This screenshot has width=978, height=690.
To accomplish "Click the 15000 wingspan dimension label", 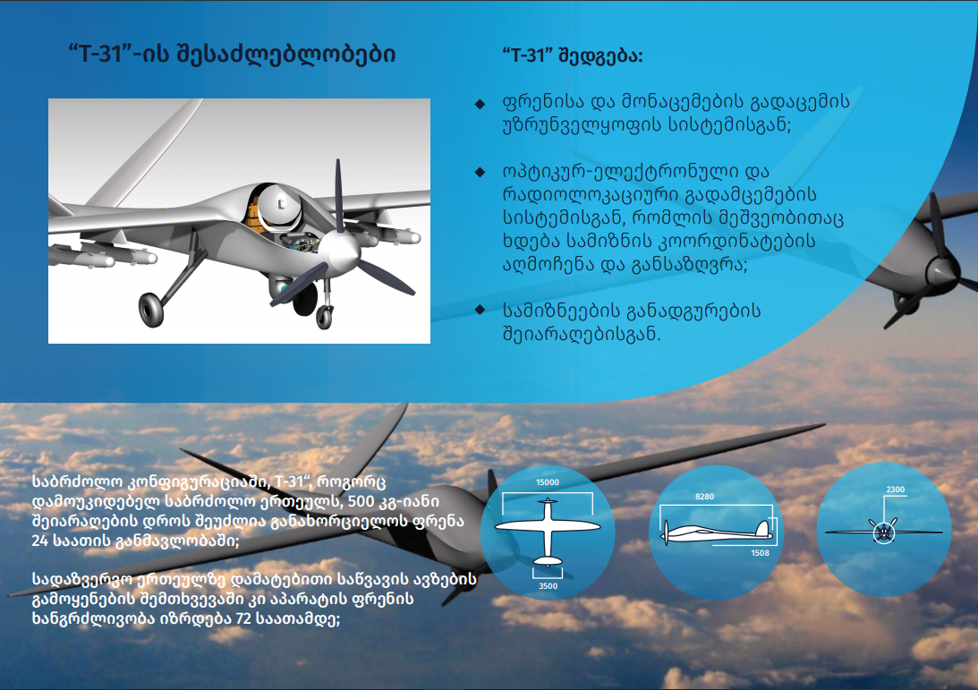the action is (x=547, y=482).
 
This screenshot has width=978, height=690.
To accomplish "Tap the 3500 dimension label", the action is (x=548, y=586).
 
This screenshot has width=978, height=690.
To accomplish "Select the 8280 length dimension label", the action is (x=704, y=497).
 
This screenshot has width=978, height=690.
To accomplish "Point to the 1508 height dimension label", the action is (x=760, y=553).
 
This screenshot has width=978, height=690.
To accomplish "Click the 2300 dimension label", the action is (x=895, y=490).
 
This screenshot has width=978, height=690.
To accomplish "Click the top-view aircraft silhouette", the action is (x=548, y=531).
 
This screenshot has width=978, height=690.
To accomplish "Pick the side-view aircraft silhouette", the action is (x=718, y=532).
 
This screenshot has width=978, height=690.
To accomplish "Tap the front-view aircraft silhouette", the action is (x=884, y=532).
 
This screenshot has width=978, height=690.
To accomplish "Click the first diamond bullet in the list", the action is (x=480, y=104).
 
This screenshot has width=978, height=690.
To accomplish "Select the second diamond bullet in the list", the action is (x=480, y=172).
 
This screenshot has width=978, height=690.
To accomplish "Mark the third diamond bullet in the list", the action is (x=480, y=310).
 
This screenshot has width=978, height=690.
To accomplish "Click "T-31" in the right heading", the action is (x=528, y=55).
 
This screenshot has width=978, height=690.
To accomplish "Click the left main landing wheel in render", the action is (x=150, y=310).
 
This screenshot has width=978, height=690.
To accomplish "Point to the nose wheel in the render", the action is (x=324, y=317).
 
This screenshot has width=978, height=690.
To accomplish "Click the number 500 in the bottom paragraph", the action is (x=361, y=501).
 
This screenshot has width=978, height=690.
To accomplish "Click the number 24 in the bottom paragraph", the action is (x=40, y=541).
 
